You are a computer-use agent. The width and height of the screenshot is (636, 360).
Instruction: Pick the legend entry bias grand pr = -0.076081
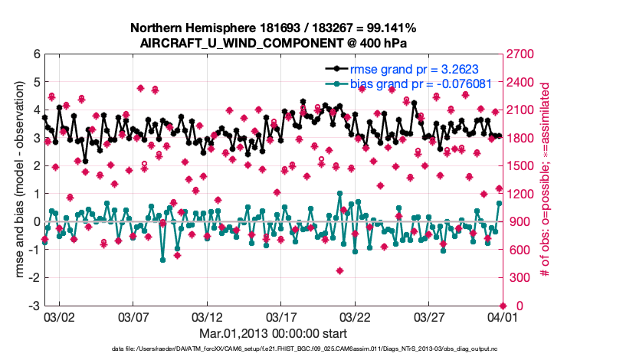click(x=421, y=83)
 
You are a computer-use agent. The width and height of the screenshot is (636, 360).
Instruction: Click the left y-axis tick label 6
click(x=36, y=54)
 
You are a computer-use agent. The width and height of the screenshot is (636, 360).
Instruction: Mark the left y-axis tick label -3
click(x=33, y=306)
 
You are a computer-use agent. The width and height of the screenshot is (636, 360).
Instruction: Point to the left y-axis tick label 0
click(x=36, y=222)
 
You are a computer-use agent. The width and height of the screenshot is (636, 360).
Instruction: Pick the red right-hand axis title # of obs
click(x=545, y=180)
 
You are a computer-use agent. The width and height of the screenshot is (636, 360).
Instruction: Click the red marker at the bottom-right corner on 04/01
click(x=501, y=306)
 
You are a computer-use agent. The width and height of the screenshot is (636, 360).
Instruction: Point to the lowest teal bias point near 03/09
click(x=162, y=260)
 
